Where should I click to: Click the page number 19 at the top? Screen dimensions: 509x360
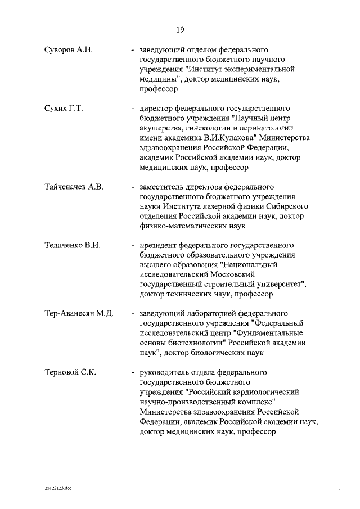179,29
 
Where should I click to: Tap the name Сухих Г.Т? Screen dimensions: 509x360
64,108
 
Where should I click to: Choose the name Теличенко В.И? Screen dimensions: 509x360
72,246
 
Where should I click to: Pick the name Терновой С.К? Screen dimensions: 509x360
70,372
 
